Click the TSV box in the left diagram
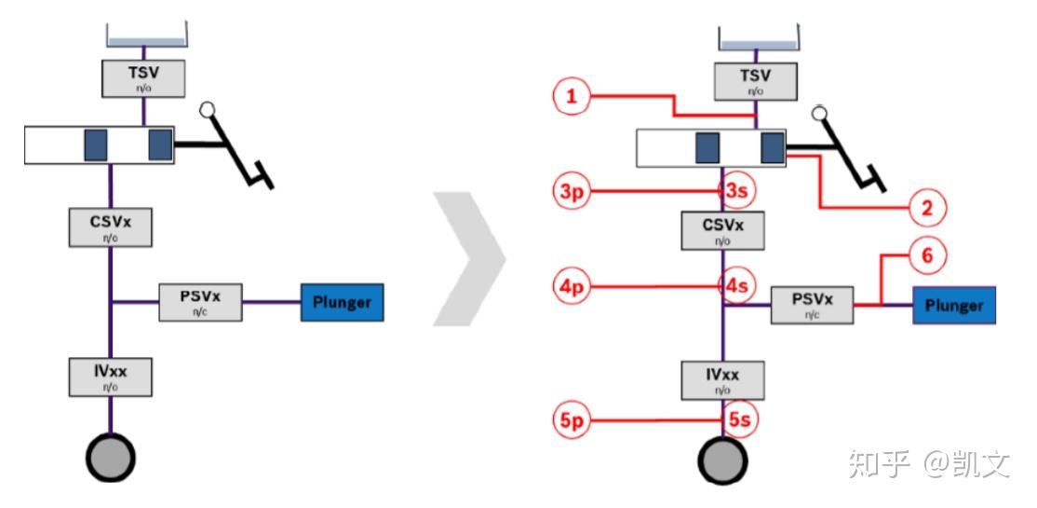click(142, 76)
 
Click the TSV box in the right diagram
click(755, 81)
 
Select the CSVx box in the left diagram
click(111, 227)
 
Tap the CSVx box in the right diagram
click(723, 230)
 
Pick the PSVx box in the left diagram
click(200, 302)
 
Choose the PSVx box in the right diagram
click(813, 305)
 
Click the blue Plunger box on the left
click(342, 302)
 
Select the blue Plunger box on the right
click(954, 305)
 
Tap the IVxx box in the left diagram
click(111, 376)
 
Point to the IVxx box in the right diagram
click(723, 379)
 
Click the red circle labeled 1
click(572, 96)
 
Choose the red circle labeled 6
click(926, 254)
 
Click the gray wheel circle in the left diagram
click(111, 458)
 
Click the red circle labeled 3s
click(737, 192)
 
